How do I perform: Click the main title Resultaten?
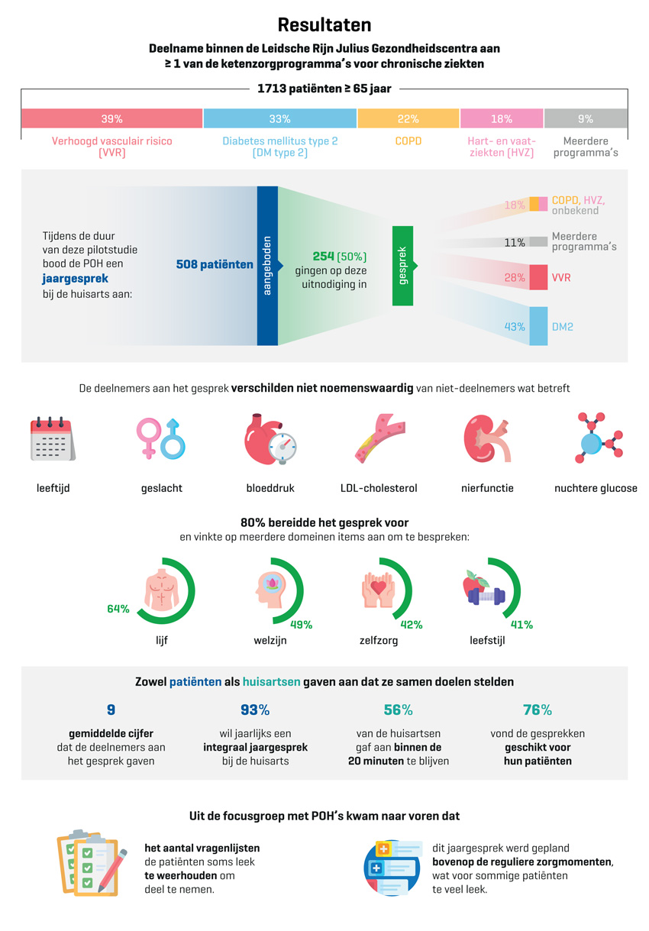tap(324, 25)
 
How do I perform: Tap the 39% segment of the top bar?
tap(111, 118)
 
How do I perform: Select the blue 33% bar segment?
tap(279, 118)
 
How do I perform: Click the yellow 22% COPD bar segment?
tap(408, 118)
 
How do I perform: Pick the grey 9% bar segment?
tap(586, 118)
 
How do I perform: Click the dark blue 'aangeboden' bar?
tap(267, 266)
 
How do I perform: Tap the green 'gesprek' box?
tap(402, 266)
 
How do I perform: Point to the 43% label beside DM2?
tap(515, 327)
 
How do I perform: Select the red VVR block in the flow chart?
tap(538, 277)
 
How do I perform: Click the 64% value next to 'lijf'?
tap(118, 609)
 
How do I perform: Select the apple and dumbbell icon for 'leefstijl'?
tap(484, 590)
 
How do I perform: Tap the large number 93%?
tap(255, 710)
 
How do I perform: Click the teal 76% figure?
tap(538, 710)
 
